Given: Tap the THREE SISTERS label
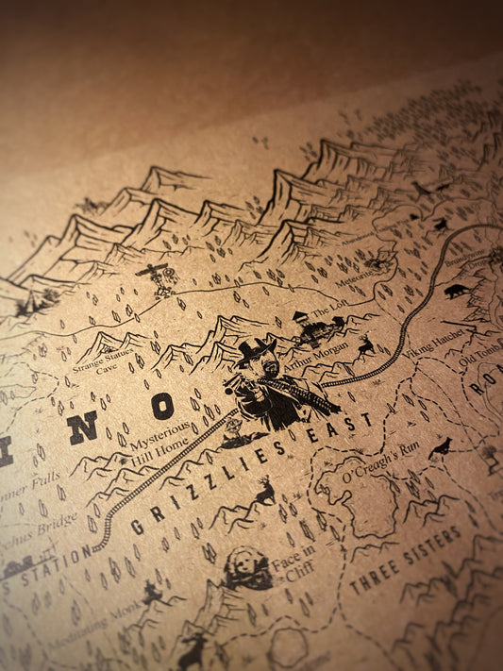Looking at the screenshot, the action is pos(406,560).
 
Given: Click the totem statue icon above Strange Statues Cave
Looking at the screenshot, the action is pos(153,279).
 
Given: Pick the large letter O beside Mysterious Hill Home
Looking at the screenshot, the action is pos(162,406).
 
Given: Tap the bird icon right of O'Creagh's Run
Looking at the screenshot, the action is pos(439,449).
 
